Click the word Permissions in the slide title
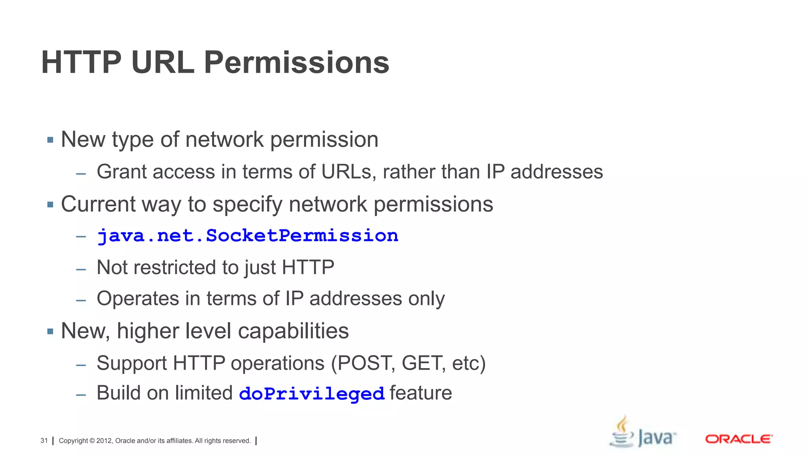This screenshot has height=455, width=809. tap(296, 62)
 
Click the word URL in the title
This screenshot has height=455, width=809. tap(162, 62)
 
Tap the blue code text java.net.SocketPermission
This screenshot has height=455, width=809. tap(248, 236)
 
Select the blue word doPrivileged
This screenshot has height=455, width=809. tap(312, 394)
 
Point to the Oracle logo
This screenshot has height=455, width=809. tap(739, 439)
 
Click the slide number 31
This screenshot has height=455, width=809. tap(44, 440)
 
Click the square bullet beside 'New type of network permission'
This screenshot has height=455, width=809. tap(50, 140)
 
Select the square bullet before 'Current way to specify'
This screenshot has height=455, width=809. tap(50, 205)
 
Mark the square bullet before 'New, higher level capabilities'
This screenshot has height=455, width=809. tap(50, 331)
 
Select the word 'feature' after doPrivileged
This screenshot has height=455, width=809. tap(421, 393)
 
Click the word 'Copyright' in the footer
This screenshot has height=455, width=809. tap(73, 441)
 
